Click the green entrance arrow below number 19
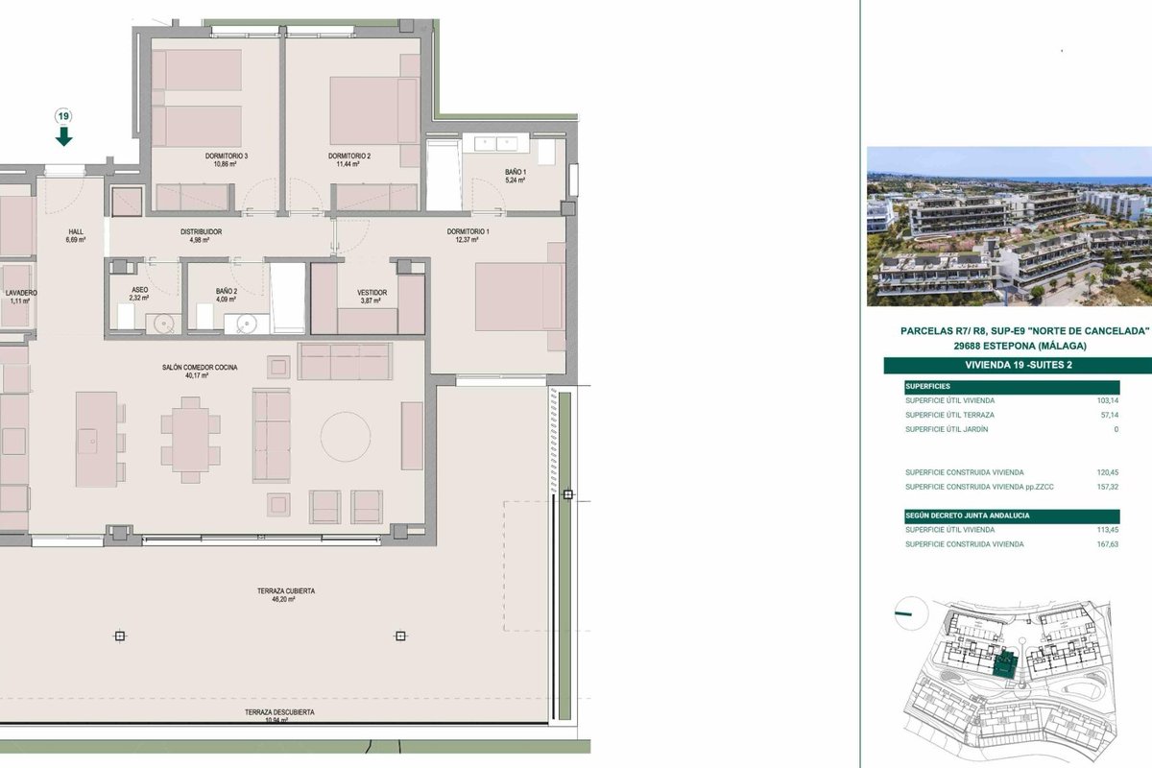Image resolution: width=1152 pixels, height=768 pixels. (x=63, y=136)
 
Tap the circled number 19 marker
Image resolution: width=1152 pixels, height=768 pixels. (x=63, y=116)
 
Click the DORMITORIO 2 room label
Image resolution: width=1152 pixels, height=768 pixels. (x=349, y=156)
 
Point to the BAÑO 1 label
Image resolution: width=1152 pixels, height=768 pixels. (x=516, y=173)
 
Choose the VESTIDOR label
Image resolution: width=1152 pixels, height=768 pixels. (x=372, y=293)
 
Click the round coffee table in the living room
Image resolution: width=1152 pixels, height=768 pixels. (x=346, y=436)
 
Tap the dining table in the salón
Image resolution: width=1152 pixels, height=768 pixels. (x=190, y=440)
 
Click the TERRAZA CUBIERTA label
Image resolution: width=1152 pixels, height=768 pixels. (x=286, y=591)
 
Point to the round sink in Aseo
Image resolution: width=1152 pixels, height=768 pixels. (x=163, y=324)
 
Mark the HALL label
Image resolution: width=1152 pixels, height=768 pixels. (x=76, y=232)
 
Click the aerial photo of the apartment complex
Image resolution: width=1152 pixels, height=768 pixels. (x=1009, y=227)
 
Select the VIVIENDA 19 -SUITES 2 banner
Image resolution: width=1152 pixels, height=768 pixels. (x=1019, y=365)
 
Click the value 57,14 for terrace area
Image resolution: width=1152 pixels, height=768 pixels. (x=1110, y=415)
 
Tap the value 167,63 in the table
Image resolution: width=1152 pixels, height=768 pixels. (x=1107, y=544)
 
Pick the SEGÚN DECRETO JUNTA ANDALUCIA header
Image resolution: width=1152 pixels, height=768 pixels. (x=968, y=516)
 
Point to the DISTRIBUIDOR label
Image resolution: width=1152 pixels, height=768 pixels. (x=201, y=232)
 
